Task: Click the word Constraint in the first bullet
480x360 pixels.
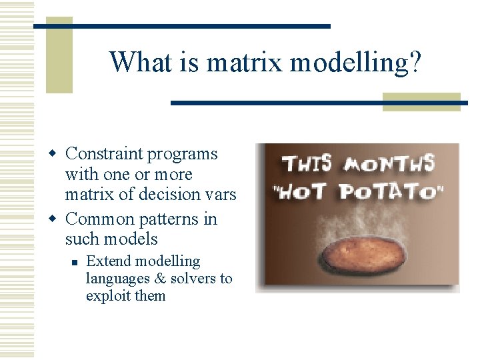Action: (x=104, y=154)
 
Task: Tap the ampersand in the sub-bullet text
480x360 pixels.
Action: (x=159, y=279)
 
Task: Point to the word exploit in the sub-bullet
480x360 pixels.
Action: (x=107, y=296)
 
